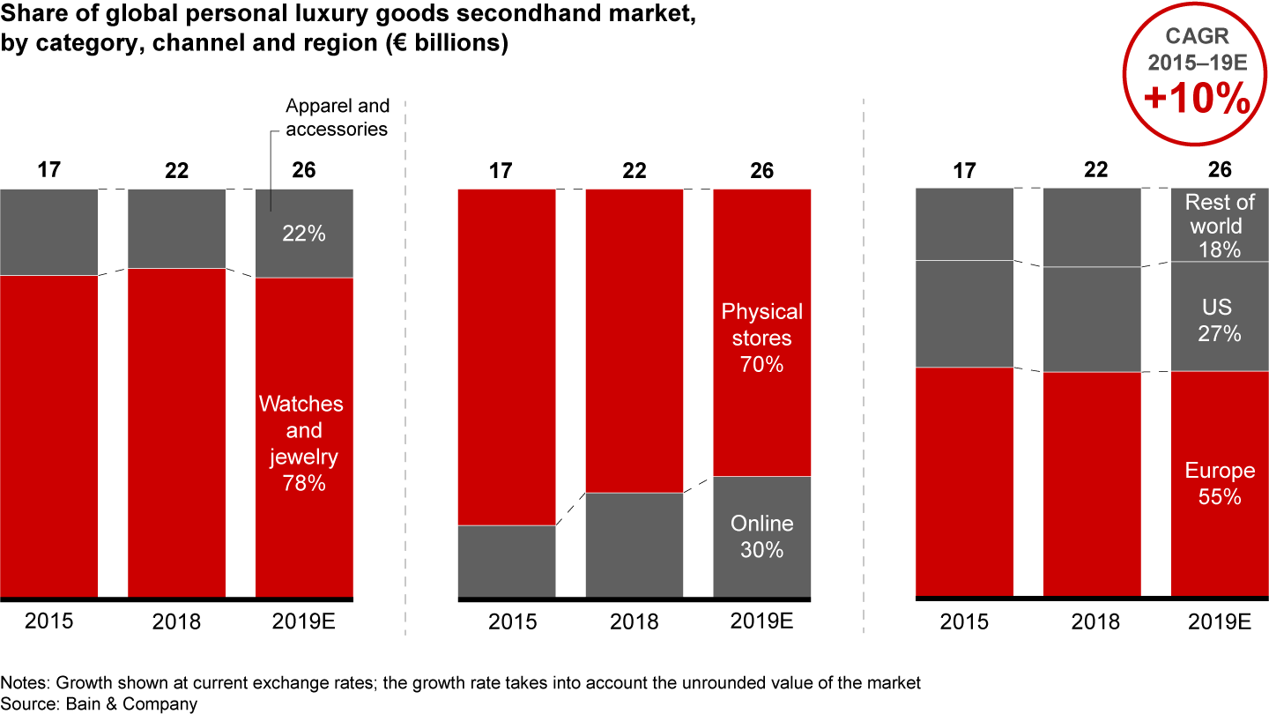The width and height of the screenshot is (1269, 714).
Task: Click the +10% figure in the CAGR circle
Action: (1197, 100)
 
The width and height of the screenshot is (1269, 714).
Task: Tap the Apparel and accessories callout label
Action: (338, 117)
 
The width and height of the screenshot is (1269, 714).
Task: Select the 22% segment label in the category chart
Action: (304, 234)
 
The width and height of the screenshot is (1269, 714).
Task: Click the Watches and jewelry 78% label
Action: (301, 443)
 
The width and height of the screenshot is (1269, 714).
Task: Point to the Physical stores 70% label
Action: (762, 338)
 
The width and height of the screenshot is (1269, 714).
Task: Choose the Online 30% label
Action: (762, 536)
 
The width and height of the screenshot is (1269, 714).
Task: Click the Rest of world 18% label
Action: (1220, 227)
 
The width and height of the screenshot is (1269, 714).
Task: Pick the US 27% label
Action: (1220, 321)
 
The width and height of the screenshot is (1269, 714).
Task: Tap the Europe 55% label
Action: (1220, 484)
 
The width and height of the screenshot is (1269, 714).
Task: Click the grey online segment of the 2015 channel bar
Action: (507, 562)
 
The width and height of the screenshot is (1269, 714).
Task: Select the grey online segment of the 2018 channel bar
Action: (634, 545)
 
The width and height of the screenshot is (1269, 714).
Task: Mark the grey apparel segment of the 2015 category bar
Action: (49, 232)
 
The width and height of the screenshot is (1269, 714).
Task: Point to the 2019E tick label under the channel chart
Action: (762, 621)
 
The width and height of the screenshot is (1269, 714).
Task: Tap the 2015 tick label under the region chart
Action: (965, 621)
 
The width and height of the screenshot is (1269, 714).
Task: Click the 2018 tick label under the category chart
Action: (176, 621)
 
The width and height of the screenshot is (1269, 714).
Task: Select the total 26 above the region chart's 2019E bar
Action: (1220, 170)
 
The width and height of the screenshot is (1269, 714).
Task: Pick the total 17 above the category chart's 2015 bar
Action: (49, 170)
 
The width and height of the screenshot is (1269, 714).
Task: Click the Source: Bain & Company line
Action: (99, 703)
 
